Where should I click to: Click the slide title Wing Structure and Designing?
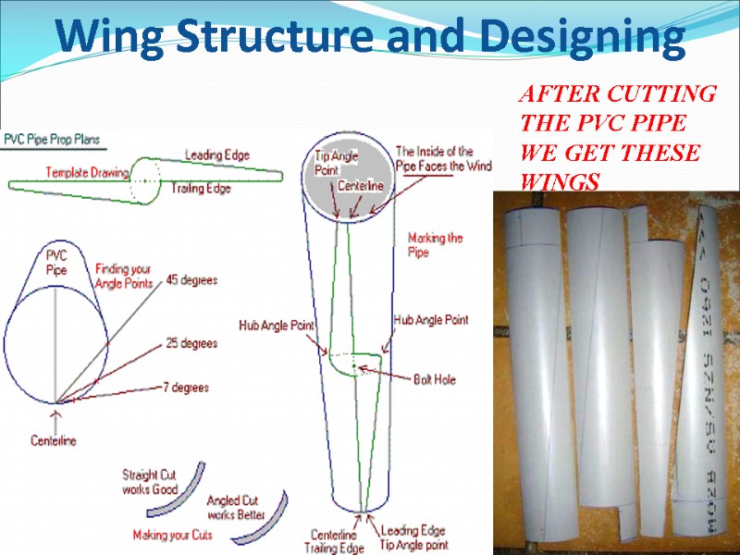370,38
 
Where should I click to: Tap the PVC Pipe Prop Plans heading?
52,141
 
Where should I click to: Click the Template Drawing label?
87,172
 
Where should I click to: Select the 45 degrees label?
191,279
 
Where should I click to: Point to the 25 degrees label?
191,343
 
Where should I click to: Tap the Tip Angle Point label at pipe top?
332,163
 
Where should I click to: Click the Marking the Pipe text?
435,244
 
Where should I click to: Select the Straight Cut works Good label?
150,482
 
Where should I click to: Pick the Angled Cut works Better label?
236,508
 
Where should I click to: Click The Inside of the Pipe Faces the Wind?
443,158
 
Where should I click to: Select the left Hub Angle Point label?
277,327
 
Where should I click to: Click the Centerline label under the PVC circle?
54,441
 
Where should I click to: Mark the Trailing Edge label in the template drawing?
200,188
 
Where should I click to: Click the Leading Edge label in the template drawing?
216,154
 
